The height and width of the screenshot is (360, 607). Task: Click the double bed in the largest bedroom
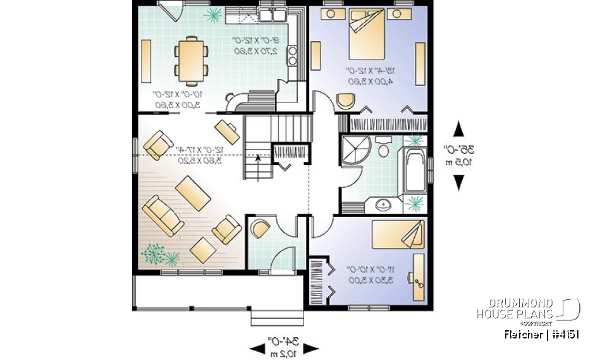[x=366, y=37]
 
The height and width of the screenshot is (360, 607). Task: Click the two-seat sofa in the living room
[x=162, y=215]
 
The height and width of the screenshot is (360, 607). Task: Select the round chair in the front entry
[x=259, y=227]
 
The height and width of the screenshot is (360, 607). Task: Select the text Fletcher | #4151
[x=542, y=334]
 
